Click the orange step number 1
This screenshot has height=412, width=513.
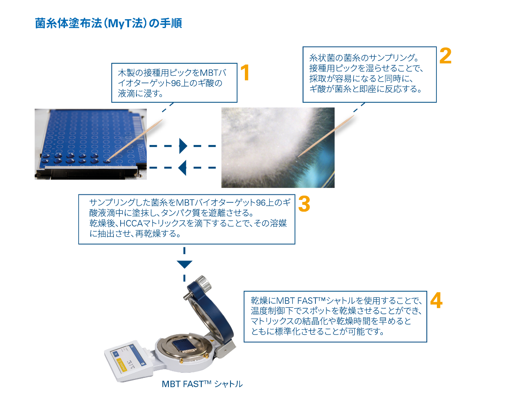click(x=245, y=73)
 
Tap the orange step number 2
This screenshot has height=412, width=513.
click(x=445, y=56)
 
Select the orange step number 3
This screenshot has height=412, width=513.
click(x=304, y=204)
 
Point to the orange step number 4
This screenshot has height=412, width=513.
click(x=436, y=301)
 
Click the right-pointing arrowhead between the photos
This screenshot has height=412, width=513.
click(x=183, y=146)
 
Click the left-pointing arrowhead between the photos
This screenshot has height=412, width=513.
click(x=182, y=168)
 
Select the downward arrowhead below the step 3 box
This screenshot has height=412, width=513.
click(x=184, y=265)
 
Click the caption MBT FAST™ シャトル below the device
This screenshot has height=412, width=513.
click(x=202, y=384)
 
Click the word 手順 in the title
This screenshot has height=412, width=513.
click(x=171, y=23)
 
